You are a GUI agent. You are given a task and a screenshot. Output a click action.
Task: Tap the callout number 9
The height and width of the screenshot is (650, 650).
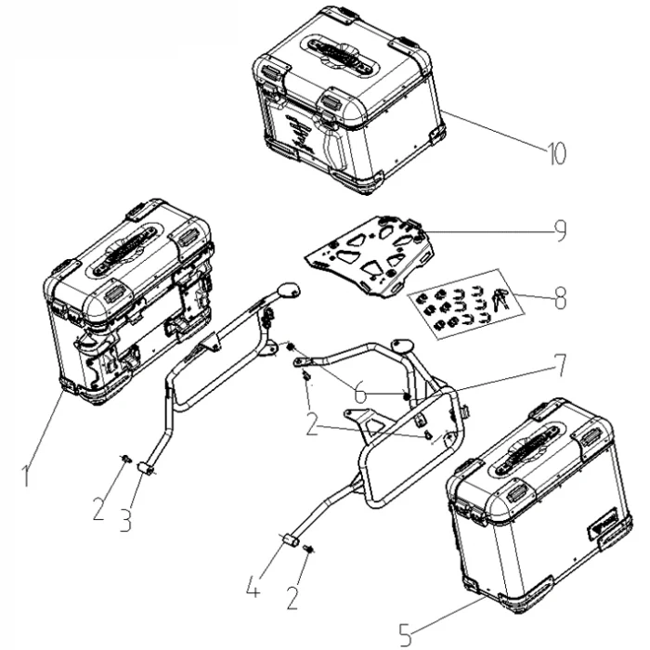click(560, 230)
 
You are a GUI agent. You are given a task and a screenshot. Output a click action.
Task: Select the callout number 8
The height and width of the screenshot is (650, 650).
click(560, 298)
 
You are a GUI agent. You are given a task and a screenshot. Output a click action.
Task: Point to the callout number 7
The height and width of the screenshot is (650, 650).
click(560, 365)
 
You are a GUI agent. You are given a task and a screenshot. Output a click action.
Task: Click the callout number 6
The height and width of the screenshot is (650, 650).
click(360, 393)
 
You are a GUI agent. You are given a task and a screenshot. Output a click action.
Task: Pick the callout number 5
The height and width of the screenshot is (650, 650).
click(406, 633)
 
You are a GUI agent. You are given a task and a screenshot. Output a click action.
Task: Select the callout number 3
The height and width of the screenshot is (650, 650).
click(125, 521)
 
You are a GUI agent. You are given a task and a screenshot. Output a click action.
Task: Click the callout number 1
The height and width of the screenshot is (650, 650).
click(26, 475)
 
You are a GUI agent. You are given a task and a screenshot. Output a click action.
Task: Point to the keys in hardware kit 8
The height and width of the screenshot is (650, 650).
click(500, 299)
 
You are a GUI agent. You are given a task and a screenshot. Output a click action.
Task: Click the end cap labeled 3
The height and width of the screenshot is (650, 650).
click(145, 469)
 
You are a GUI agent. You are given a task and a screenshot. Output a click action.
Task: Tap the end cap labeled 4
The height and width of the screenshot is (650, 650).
click(290, 540)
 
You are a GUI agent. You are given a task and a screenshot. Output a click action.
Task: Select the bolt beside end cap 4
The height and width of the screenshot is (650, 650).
click(308, 550)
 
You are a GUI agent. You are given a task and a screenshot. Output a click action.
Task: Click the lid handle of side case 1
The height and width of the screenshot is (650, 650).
click(125, 249)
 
